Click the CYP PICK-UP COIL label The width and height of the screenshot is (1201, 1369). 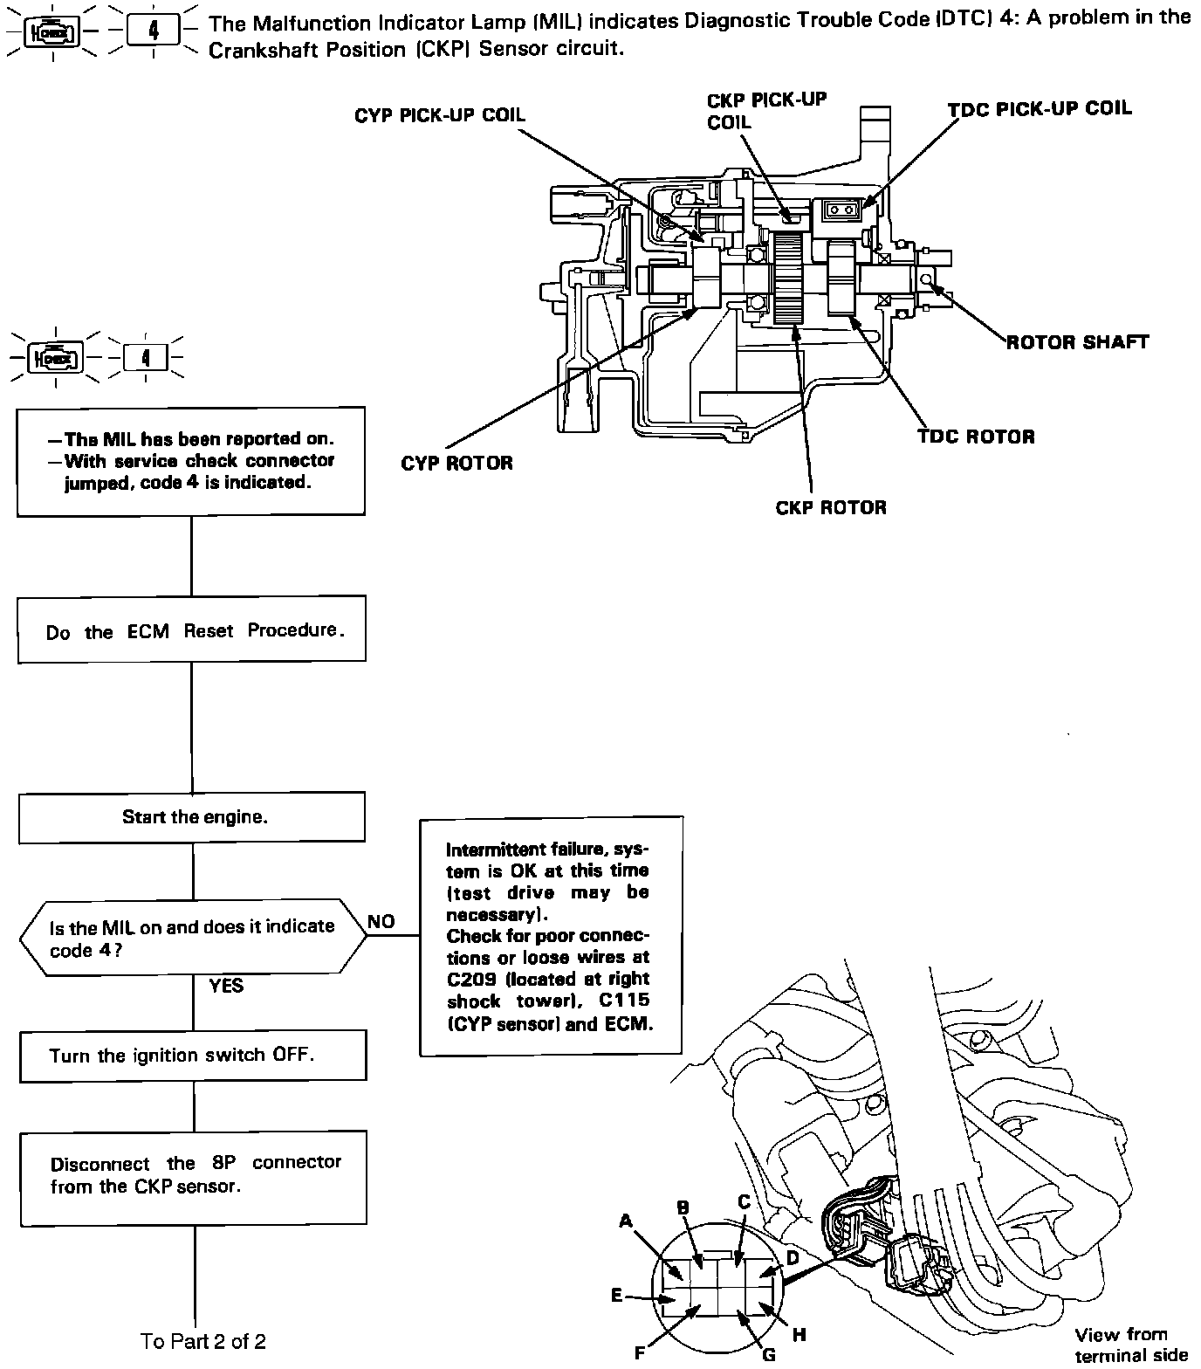coord(440,116)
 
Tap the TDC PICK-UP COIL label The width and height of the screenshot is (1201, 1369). coord(1040,109)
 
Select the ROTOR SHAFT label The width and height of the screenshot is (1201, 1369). coord(1077,341)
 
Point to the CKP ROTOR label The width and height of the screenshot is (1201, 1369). coord(830,507)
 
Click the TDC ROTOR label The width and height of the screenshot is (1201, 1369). coord(975,437)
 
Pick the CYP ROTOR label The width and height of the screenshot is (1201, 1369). coord(456,463)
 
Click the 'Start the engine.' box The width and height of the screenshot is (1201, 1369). coord(192,817)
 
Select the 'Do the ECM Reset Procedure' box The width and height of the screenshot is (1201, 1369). coord(192,629)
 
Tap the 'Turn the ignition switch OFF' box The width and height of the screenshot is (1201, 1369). coord(193,1056)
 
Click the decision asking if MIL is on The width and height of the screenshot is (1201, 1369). coord(192,938)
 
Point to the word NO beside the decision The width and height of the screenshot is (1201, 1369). coord(381,921)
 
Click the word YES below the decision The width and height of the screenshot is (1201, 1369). coord(226,986)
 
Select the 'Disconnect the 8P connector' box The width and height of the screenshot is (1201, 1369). coord(193,1175)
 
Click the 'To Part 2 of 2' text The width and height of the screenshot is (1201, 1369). coord(203,1340)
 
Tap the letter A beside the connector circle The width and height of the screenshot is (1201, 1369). coord(625,1221)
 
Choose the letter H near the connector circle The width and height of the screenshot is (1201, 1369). coord(799,1334)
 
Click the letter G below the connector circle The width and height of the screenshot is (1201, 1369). coord(769,1354)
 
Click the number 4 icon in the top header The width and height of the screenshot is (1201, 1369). coord(154,31)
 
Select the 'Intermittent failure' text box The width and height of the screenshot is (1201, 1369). coord(551,935)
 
